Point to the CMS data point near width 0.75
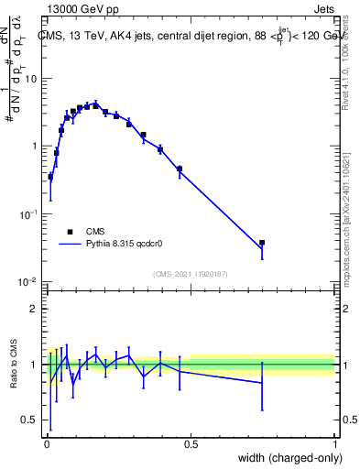pyautogui.click(x=262, y=243)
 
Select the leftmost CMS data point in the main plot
pyautogui.click(x=50, y=177)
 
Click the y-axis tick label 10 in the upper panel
pyautogui.click(x=29, y=79)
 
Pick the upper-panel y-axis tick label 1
pyautogui.click(x=33, y=147)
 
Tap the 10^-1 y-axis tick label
pyautogui.click(x=28, y=213)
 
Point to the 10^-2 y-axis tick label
pyautogui.click(x=28, y=281)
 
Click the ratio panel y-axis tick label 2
pyautogui.click(x=33, y=309)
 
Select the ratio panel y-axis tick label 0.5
pyautogui.click(x=29, y=420)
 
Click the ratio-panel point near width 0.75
pyautogui.click(x=262, y=383)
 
